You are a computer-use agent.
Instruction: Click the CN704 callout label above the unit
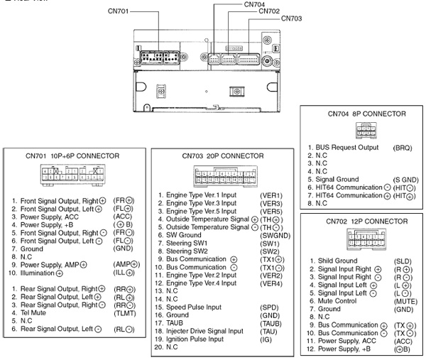point(254,4)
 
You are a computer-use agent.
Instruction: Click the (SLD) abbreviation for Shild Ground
point(403,261)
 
